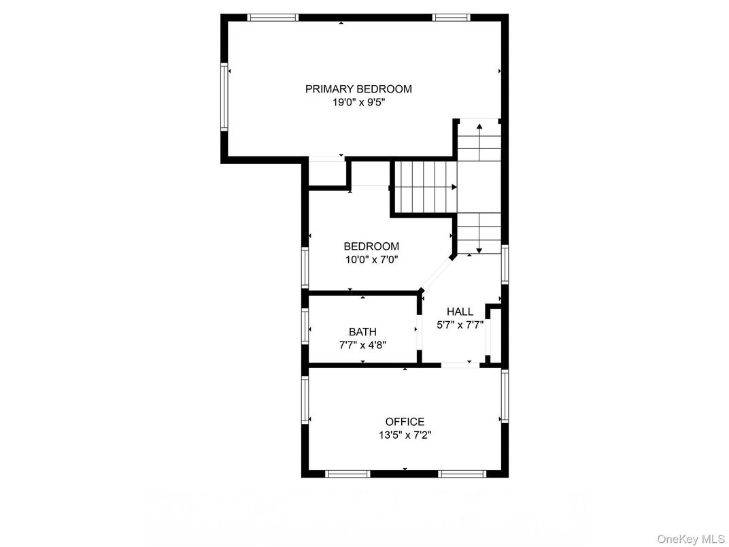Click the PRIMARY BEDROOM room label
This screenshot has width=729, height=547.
tap(358, 88)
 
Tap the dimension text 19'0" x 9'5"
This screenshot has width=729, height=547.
tap(358, 103)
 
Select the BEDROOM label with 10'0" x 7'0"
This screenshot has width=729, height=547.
tap(371, 246)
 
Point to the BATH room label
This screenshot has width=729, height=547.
tap(362, 332)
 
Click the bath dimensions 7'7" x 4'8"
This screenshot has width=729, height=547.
tap(362, 344)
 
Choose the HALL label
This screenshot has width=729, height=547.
tap(460, 312)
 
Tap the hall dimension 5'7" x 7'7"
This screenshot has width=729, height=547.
tap(460, 325)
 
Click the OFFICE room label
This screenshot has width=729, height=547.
tap(405, 422)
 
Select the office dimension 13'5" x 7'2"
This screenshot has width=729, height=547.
tap(405, 435)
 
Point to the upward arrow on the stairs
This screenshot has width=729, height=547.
tap(479, 136)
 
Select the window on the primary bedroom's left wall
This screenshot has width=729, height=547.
tap(224, 97)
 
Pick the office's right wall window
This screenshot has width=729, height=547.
tap(505, 396)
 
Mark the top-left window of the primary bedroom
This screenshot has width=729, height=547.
tap(272, 18)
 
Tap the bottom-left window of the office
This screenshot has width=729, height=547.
tap(347, 474)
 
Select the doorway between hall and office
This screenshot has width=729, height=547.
tap(461, 365)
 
